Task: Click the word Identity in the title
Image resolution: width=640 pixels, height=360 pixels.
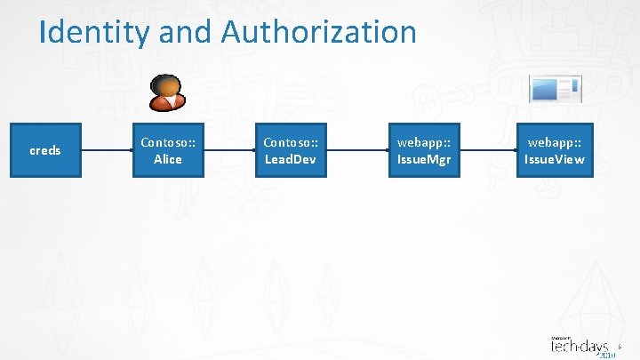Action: pos(95,33)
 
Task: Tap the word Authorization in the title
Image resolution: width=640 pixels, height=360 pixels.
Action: pos(319,32)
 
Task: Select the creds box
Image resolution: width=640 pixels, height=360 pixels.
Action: pos(45,150)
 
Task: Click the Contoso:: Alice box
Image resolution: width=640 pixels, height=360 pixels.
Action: pos(168,150)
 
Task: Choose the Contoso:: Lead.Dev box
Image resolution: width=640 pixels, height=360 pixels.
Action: pos(291,150)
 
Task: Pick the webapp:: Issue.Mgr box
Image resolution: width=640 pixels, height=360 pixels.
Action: pos(424,150)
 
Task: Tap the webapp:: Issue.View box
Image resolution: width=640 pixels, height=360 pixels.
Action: pos(555,150)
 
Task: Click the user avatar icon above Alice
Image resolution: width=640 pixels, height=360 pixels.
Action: pos(166,92)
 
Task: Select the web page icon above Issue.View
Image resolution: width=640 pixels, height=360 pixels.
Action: pos(555,89)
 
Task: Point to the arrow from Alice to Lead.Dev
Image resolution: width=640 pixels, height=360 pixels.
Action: pos(229,150)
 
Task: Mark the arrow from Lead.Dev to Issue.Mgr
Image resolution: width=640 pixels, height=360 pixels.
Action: pos(356,150)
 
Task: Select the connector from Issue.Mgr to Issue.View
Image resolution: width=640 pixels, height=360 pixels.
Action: pos(489,150)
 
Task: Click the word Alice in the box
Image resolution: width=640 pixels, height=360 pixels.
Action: pos(168,159)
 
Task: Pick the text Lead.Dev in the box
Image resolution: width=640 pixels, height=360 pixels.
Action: pos(291,159)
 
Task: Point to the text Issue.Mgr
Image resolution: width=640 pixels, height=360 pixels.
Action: pos(424,159)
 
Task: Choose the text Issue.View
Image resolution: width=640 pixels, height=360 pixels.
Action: pos(555,159)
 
